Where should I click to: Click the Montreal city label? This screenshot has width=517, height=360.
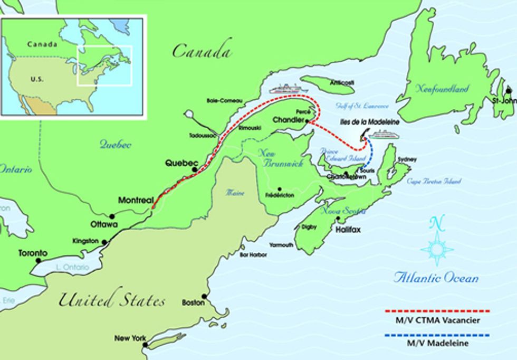pos(136,201)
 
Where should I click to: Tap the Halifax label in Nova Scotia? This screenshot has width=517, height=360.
pos(348,230)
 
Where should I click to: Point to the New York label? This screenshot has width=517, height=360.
pos(130,338)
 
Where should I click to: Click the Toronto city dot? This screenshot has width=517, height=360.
pos(37,260)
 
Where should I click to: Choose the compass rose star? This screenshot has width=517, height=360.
pos(437,248)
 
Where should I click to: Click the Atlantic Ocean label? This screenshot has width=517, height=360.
pos(436,278)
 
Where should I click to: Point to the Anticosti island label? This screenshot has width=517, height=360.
pos(341,83)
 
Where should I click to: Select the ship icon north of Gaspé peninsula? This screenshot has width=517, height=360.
pos(289,89)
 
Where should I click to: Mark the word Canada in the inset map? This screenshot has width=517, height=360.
pos(42,44)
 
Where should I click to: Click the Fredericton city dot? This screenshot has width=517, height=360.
pos(279,188)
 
